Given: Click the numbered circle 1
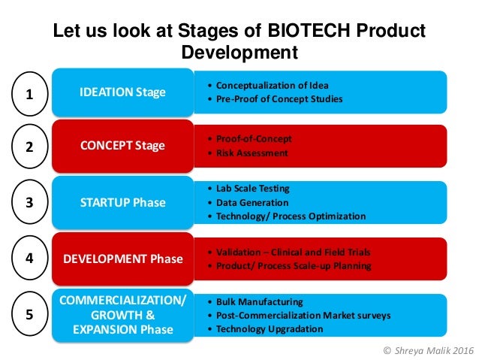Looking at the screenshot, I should pyautogui.click(x=29, y=95).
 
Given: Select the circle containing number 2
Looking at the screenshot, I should pyautogui.click(x=29, y=147).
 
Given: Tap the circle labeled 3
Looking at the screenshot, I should pyautogui.click(x=29, y=203).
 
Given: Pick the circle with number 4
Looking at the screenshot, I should pyautogui.click(x=29, y=258).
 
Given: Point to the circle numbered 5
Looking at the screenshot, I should pyautogui.click(x=29, y=314).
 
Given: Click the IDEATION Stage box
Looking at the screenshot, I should pyautogui.click(x=122, y=92).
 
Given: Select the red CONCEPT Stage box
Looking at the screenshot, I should pyautogui.click(x=122, y=146).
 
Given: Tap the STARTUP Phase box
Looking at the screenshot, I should pyautogui.click(x=122, y=202).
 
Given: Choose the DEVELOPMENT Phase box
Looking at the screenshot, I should pyautogui.click(x=122, y=259).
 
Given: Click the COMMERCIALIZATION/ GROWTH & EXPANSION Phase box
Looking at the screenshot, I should pyautogui.click(x=122, y=315).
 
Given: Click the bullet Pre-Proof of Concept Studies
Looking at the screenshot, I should pyautogui.click(x=278, y=99).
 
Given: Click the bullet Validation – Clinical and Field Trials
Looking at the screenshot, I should pyautogui.click(x=293, y=252).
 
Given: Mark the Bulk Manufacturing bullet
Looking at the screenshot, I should pyautogui.click(x=259, y=301).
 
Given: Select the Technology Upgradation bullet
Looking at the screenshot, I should pyautogui.click(x=270, y=329).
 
